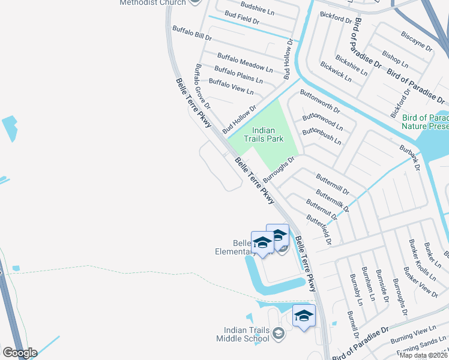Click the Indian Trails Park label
(267, 134)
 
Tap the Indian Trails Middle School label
(247, 334)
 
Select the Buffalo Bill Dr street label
(192, 32)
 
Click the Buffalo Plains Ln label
(238, 75)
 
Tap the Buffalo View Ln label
(234, 88)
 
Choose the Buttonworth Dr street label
(320, 102)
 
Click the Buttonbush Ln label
(321, 137)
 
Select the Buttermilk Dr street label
(332, 201)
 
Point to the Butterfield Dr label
(319, 230)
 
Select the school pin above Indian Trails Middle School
(304, 316)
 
